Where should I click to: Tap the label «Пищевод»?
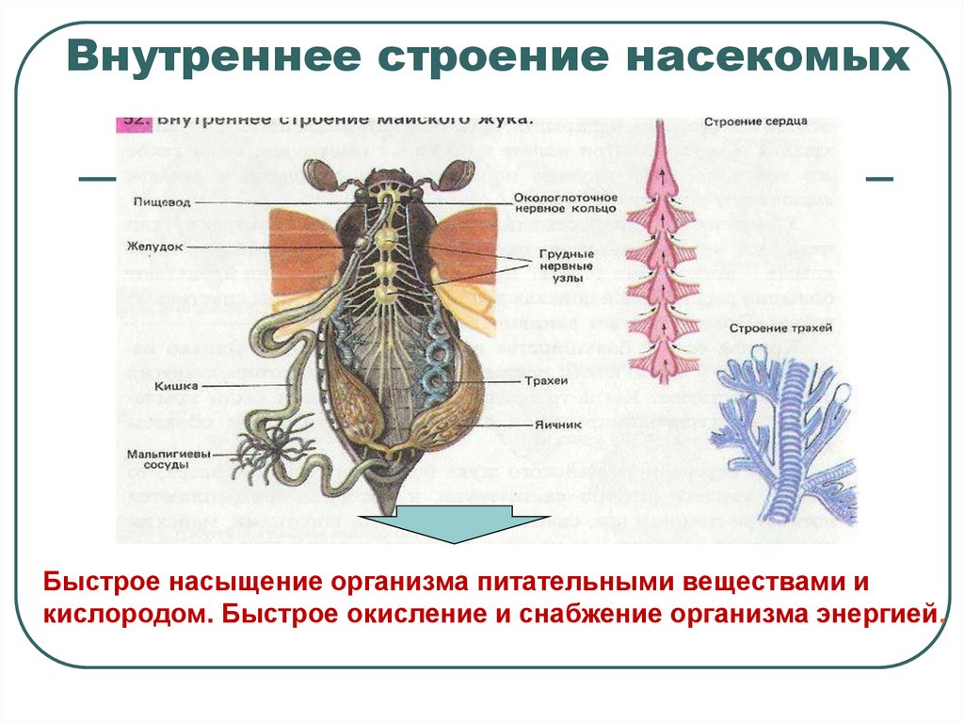(x=152, y=201)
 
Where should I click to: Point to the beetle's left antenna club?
(x=318, y=175)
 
